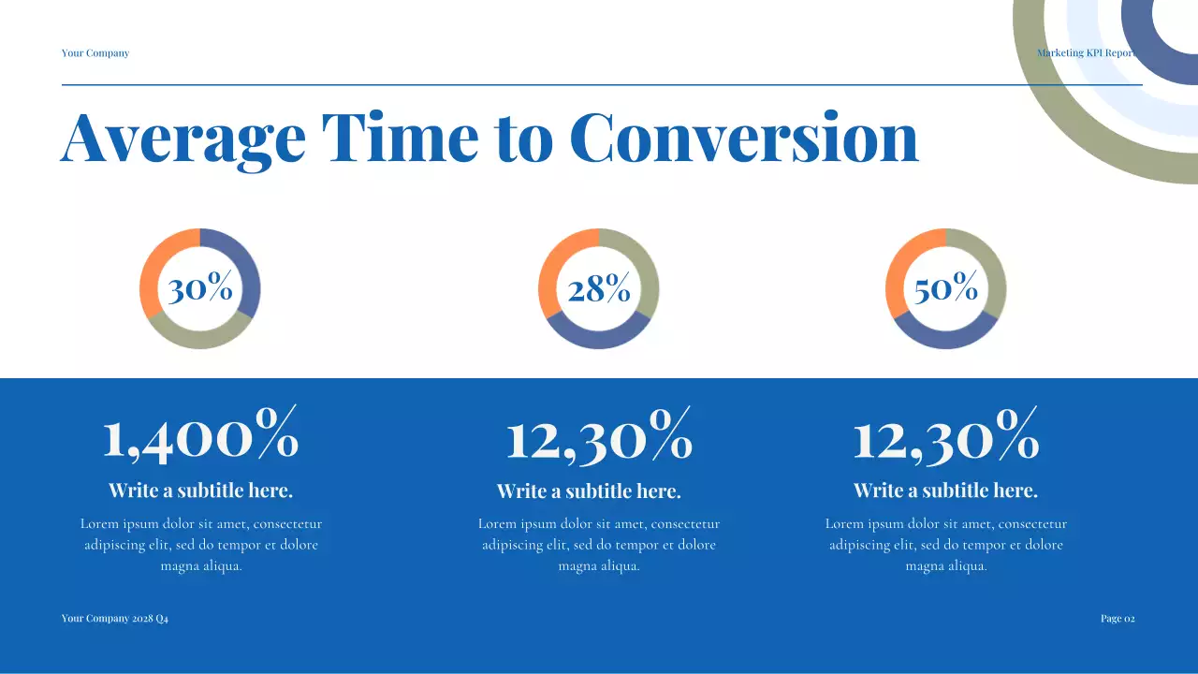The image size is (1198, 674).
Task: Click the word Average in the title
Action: click(x=183, y=139)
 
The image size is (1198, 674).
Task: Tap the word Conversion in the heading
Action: click(x=743, y=139)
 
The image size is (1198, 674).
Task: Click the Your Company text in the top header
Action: click(x=95, y=53)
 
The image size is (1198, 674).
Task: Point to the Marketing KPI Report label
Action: click(x=1086, y=53)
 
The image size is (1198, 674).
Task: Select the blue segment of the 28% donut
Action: click(x=599, y=340)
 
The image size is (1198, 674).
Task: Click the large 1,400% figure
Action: click(x=200, y=436)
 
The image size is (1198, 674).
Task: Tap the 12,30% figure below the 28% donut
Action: click(x=599, y=436)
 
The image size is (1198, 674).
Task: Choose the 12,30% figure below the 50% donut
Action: click(x=945, y=436)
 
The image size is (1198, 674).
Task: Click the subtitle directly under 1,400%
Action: click(x=200, y=491)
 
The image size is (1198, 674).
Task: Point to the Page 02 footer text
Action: click(x=1118, y=619)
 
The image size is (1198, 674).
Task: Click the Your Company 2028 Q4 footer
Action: click(x=115, y=619)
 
